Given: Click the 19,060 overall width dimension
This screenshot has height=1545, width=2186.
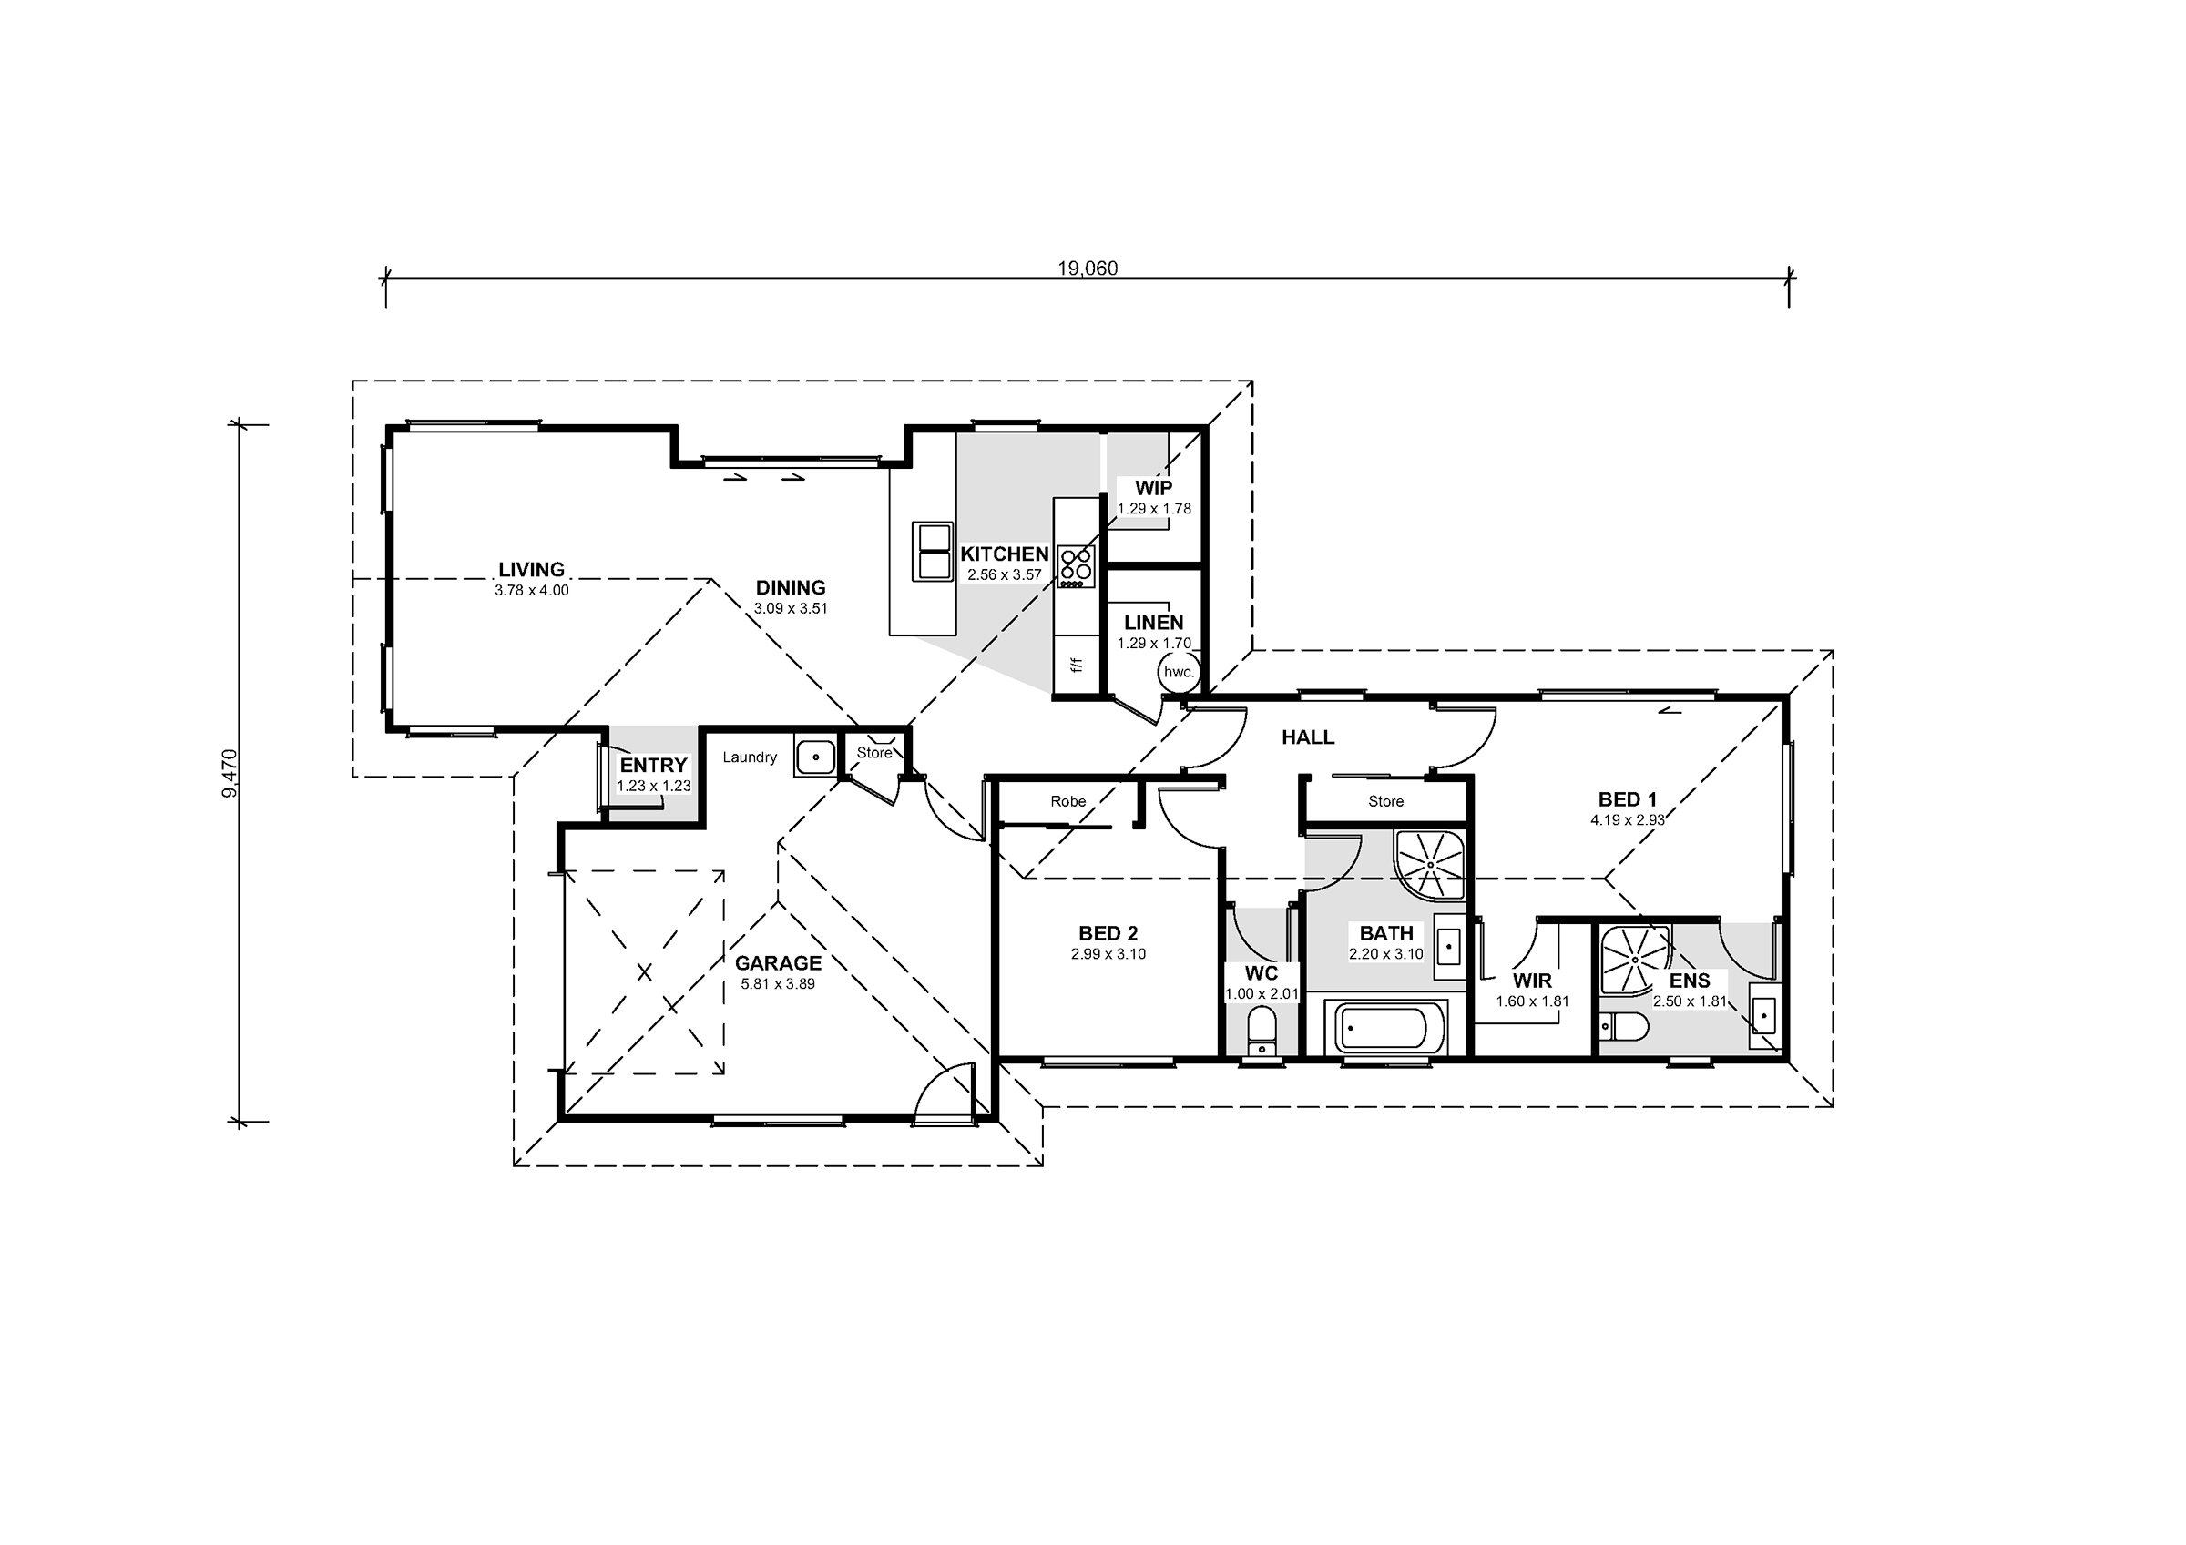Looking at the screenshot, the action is pos(1088,269).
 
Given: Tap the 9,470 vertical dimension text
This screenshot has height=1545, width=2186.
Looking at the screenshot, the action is pos(230,773).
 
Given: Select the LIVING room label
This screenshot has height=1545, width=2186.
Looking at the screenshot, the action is pos(531,569).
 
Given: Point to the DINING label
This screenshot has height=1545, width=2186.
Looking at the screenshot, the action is pos(791,587).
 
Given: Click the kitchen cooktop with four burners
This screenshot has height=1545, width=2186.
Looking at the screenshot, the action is pos(1076,566).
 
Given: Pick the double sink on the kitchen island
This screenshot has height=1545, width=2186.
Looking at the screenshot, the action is pos(932,551).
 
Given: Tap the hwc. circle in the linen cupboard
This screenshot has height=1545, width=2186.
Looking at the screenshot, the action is pos(1179,672).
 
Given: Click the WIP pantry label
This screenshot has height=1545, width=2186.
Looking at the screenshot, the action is pos(1153,488).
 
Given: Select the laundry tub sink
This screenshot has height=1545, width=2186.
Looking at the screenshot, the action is pos(815,757).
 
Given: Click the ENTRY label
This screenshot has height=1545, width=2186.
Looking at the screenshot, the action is pos(653,766).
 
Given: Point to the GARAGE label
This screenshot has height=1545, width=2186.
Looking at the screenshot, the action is pos(778,963).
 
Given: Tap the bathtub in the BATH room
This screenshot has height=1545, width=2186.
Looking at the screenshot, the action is pos(1384,1028).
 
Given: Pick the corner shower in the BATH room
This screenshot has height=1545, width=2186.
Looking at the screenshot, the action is pos(1430,864).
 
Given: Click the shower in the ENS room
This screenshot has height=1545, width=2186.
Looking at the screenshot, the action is pos(1635,959).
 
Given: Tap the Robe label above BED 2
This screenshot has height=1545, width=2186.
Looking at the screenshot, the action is pos(1068,801).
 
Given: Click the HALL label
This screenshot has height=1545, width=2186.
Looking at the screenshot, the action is pos(1307,737).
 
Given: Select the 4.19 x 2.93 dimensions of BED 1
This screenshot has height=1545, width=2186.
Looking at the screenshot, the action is pos(1627,819).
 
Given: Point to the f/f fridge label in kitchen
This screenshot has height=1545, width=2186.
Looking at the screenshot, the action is pos(1077,665).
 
